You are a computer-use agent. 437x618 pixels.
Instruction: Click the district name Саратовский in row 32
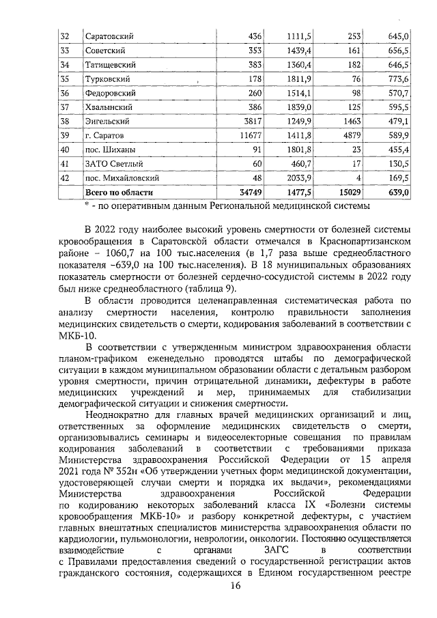[109, 36]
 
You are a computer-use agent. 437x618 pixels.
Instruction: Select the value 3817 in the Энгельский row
[233, 122]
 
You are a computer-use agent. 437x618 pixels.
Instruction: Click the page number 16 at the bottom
[236, 587]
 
